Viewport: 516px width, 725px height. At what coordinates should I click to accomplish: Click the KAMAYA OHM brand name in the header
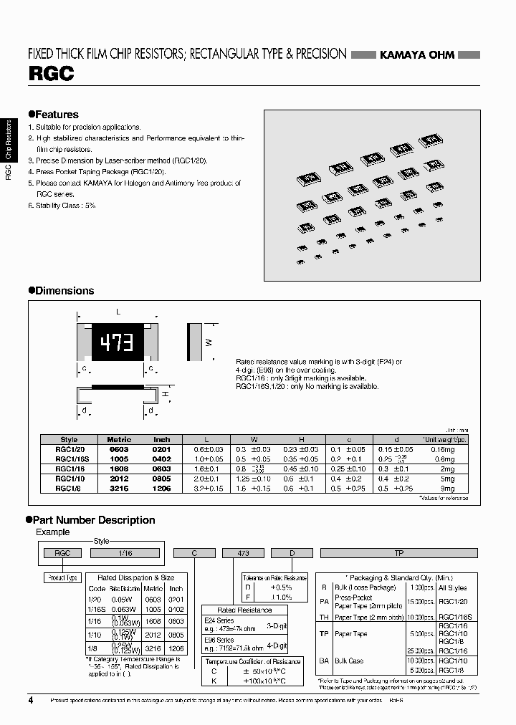click(416, 55)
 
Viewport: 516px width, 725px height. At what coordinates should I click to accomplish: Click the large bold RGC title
click(51, 74)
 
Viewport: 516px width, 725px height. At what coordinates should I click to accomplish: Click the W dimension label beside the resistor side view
click(209, 342)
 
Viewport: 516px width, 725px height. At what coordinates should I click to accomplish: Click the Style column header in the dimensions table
click(70, 439)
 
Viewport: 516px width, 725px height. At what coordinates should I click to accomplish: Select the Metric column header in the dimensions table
click(119, 439)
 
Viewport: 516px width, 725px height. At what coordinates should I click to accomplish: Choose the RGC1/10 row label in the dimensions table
click(70, 479)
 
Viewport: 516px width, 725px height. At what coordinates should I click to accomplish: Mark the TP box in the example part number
click(398, 552)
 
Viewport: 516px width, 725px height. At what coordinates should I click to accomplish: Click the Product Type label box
click(62, 578)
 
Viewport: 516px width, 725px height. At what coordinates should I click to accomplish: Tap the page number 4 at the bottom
click(30, 700)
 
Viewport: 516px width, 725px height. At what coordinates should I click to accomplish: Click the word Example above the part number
click(53, 532)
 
